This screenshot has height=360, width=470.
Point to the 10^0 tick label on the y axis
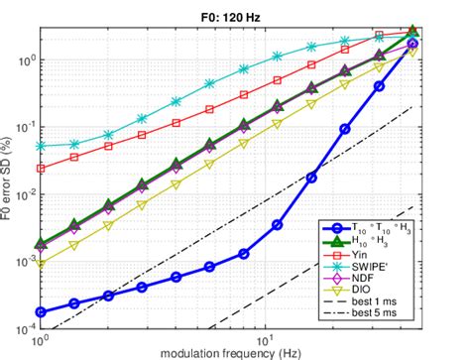click(26, 60)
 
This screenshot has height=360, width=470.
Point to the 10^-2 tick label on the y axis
click(26, 194)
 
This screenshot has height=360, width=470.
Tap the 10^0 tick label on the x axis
click(41, 339)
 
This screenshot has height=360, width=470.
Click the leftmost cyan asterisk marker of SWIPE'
click(41, 146)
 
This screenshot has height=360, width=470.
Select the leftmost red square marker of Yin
click(41, 169)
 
